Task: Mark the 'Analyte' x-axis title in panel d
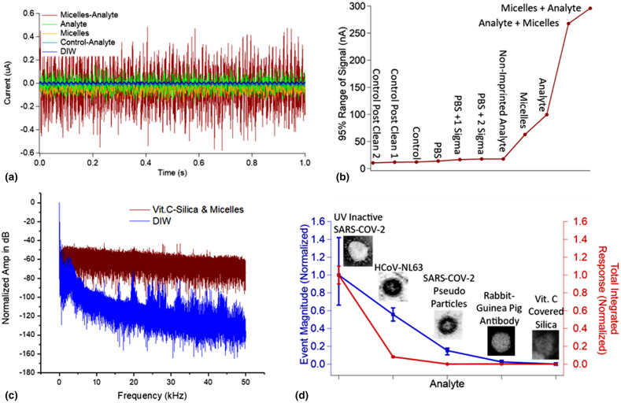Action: pyautogui.click(x=445, y=383)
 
